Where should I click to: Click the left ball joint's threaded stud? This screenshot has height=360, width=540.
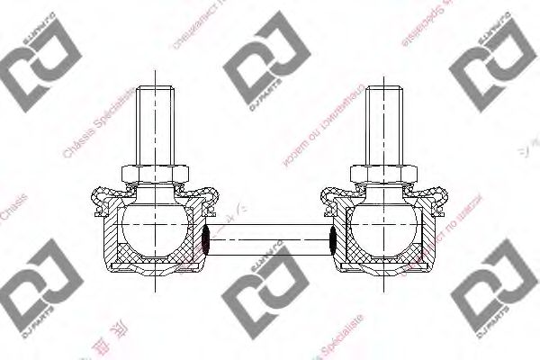(155, 121)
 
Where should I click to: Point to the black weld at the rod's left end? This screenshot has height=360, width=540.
(206, 240)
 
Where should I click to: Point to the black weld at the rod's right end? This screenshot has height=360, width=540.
(333, 240)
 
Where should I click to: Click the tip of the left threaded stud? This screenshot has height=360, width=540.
(155, 87)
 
